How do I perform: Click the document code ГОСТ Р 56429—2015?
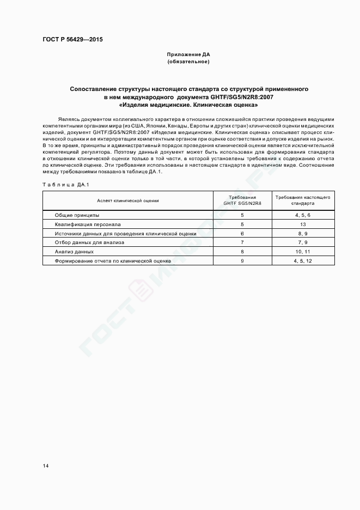(x=72, y=40)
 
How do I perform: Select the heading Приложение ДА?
(x=188, y=54)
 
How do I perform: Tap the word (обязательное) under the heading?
(x=188, y=62)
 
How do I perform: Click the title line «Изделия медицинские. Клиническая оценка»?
(x=188, y=104)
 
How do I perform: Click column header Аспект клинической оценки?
(x=129, y=200)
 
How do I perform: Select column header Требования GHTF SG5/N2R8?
(x=242, y=200)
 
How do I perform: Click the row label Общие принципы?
(x=77, y=215)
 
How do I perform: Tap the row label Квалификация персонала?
(x=88, y=224)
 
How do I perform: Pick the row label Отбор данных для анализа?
(x=89, y=242)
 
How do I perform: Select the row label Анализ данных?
(x=75, y=252)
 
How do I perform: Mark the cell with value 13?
(x=302, y=224)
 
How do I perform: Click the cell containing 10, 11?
(x=302, y=252)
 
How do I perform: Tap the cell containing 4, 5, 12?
(x=302, y=261)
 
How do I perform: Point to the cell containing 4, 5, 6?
(x=302, y=215)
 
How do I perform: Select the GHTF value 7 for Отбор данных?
(x=242, y=242)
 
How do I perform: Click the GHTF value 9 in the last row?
(x=242, y=261)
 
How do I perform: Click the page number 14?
(x=46, y=466)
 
